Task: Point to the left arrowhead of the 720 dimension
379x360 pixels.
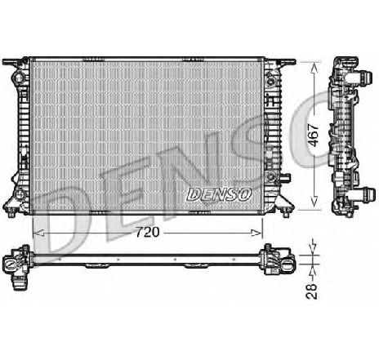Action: tap(34, 232)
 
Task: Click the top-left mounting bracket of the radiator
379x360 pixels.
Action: tap(15, 64)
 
